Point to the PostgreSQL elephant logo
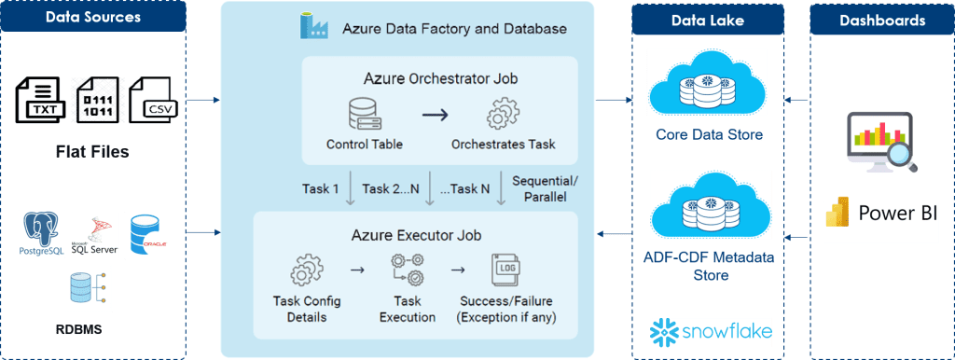[45, 234]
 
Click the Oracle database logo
[148, 234]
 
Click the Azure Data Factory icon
[312, 25]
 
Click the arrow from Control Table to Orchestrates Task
[435, 115]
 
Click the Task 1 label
[320, 188]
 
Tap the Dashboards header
[882, 19]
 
